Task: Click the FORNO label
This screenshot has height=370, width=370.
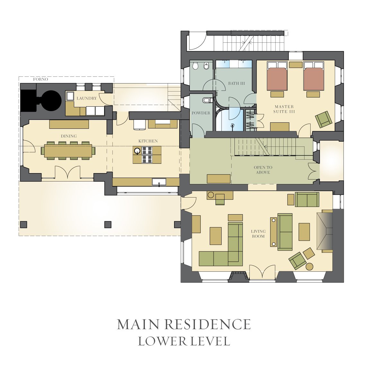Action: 40,79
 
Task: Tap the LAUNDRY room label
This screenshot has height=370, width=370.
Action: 87,98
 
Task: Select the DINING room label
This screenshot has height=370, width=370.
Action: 69,136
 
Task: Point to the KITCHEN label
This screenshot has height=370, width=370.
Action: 148,141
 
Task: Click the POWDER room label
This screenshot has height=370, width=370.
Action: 201,113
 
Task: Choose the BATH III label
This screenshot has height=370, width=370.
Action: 236,83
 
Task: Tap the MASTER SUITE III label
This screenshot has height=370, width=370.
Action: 284,109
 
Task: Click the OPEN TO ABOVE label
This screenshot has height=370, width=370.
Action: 263,170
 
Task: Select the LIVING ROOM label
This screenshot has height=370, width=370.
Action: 258,234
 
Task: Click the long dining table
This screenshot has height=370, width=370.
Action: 68,151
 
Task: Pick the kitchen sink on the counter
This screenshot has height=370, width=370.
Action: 159,182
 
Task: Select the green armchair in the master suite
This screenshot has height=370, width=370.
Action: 324,119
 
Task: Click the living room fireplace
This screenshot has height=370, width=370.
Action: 324,231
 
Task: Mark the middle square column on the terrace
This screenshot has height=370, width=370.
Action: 108,225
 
